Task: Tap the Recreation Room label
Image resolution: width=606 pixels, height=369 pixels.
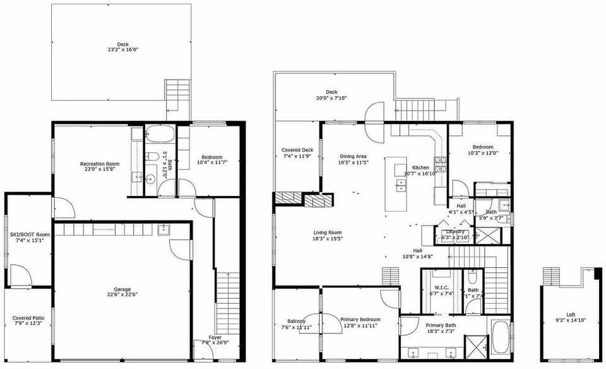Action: click(x=100, y=164)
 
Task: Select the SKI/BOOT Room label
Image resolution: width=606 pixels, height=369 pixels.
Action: click(x=30, y=234)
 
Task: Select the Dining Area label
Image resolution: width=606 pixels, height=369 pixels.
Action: click(x=353, y=156)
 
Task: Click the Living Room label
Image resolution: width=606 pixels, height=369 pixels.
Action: click(x=328, y=233)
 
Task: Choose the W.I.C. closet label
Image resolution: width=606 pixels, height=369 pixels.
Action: click(x=441, y=287)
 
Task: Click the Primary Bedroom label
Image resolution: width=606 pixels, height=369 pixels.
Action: click(x=360, y=320)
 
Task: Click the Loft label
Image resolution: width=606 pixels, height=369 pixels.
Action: click(x=571, y=314)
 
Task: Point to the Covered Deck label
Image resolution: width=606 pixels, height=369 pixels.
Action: click(x=297, y=150)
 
